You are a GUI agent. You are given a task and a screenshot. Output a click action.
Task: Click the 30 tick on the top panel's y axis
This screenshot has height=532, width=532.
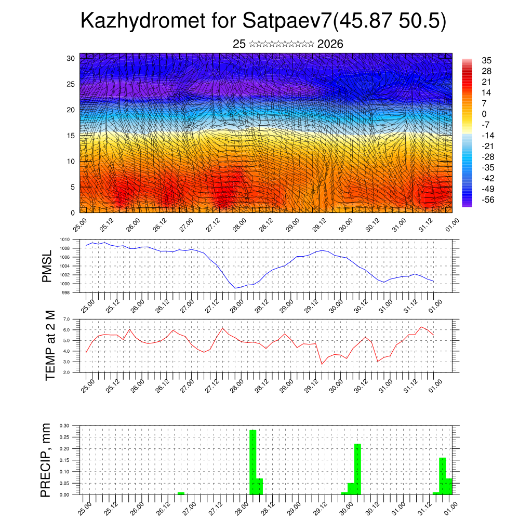(71, 58)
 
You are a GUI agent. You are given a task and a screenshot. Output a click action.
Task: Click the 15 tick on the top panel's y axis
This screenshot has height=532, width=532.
(71, 136)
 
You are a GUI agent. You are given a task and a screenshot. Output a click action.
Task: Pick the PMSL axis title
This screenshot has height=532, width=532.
(47, 266)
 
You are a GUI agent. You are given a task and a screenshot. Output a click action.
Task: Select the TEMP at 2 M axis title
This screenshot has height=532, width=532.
(50, 345)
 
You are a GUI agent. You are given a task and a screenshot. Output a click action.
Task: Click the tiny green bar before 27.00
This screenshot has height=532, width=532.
(181, 493)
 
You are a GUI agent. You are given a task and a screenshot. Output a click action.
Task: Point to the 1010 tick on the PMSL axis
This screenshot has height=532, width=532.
(64, 240)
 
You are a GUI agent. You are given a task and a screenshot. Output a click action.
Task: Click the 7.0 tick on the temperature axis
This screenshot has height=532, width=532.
(66, 319)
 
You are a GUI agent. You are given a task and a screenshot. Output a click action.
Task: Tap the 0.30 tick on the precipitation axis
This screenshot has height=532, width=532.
(64, 425)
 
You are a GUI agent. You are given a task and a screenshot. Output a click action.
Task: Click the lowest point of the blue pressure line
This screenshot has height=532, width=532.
(235, 288)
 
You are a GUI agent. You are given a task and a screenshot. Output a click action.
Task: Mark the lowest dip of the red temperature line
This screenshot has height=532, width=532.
(322, 364)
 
